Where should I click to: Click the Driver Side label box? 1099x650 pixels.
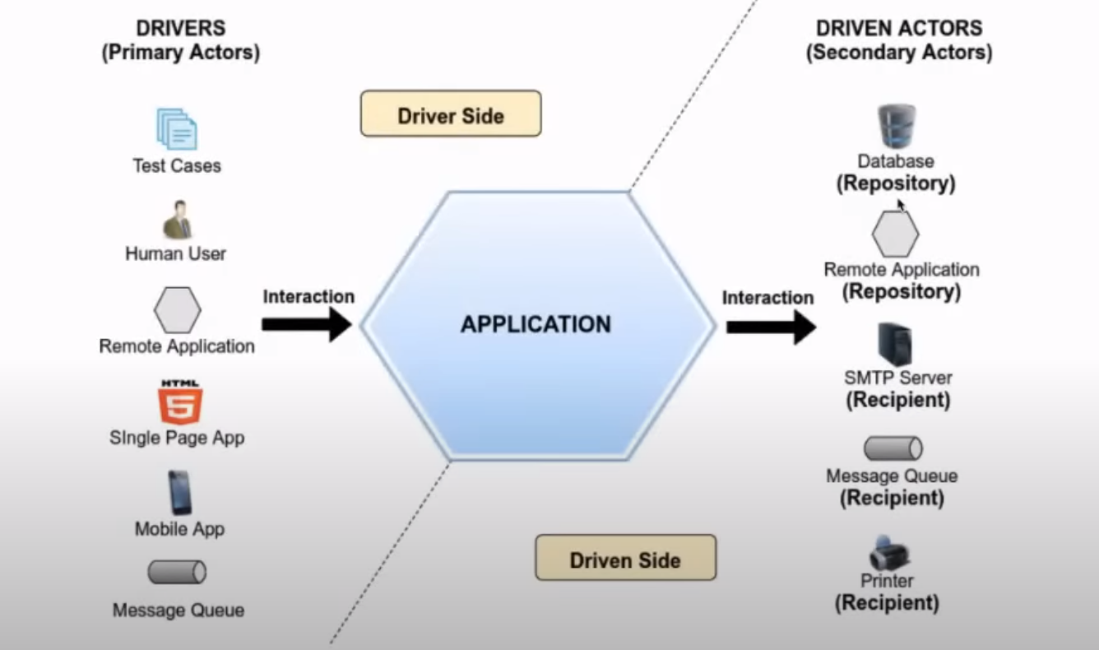tap(451, 114)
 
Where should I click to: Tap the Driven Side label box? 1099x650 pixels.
tap(625, 559)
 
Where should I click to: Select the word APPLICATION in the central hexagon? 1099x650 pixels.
tap(536, 324)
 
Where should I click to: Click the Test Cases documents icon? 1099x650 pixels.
tap(177, 129)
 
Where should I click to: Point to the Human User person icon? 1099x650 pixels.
tap(176, 220)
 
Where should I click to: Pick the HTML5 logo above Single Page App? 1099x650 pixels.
tap(179, 402)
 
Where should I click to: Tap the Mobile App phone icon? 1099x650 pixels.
tap(179, 492)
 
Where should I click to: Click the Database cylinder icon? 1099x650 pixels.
tap(896, 126)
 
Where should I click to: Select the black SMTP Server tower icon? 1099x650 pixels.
tap(896, 345)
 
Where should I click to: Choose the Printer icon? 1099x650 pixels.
tap(889, 553)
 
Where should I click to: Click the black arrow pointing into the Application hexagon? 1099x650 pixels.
tap(307, 324)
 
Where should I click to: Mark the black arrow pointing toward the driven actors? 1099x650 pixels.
tap(770, 326)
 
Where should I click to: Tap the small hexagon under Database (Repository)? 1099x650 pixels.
tap(895, 234)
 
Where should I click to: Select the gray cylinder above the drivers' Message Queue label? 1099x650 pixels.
tap(177, 572)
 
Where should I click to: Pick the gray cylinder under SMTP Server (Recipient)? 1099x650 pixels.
tap(893, 448)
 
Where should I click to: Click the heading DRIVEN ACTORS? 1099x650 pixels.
tap(898, 28)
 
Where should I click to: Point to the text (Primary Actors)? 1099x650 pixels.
tap(180, 53)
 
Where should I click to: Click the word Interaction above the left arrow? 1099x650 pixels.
tap(308, 296)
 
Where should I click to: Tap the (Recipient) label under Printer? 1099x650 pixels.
tap(887, 603)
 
